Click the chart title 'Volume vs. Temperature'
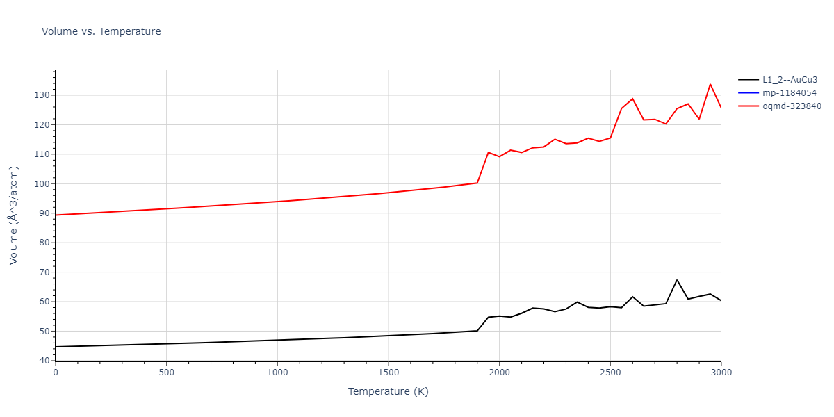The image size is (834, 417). [x=101, y=31]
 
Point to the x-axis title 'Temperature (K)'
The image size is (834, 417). [x=388, y=392]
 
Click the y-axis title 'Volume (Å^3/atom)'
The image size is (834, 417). [x=14, y=215]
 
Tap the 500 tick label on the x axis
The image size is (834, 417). [x=166, y=373]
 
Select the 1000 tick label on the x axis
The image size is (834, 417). [x=277, y=373]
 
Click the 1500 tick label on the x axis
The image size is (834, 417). [x=388, y=373]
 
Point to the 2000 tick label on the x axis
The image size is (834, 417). [x=499, y=373]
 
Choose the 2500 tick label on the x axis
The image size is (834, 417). [x=610, y=373]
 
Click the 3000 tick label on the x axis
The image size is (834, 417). [x=721, y=373]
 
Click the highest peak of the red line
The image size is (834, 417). [x=710, y=84]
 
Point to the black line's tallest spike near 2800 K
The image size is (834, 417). [x=677, y=280]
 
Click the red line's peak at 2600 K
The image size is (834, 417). [x=632, y=99]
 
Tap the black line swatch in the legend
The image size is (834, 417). [x=748, y=80]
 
